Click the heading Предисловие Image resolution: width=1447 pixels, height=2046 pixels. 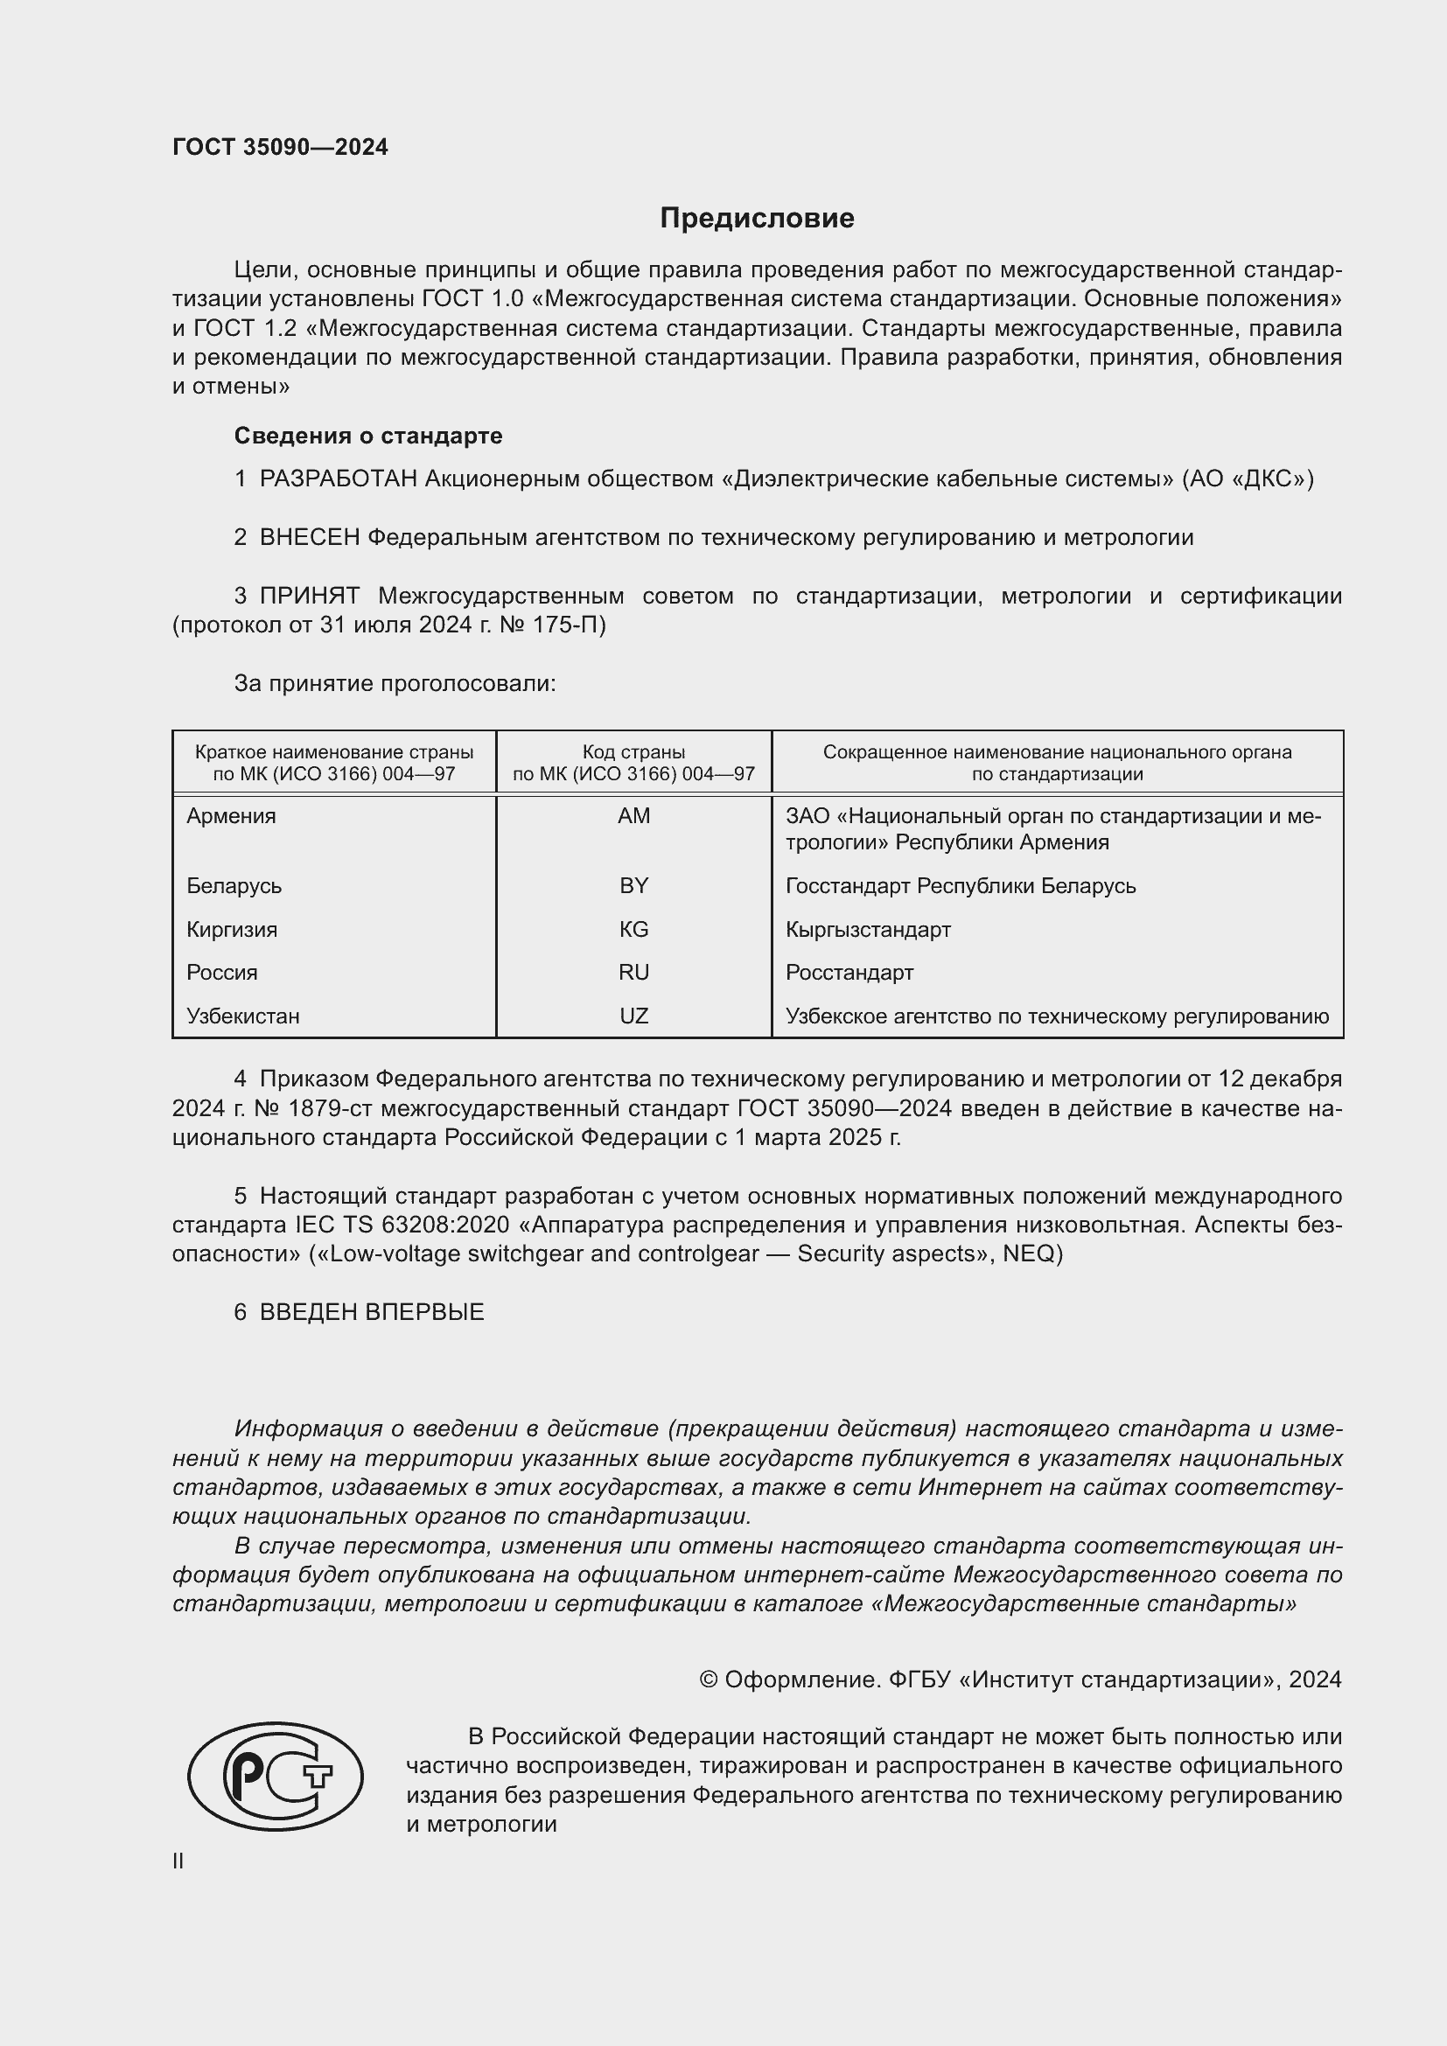click(757, 219)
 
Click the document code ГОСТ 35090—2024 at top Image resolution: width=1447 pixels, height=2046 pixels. click(280, 147)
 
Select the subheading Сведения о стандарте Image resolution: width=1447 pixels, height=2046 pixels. click(368, 436)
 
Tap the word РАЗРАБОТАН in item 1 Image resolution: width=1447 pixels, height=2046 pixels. click(338, 479)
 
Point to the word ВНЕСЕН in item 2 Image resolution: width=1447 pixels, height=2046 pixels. click(309, 537)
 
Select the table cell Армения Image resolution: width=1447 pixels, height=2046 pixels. click(231, 816)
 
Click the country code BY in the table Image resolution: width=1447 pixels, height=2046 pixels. click(633, 886)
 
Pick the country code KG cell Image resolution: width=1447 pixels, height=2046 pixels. click(633, 930)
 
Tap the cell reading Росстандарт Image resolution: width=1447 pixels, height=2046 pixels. click(849, 972)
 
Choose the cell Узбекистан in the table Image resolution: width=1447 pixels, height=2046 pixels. click(242, 1016)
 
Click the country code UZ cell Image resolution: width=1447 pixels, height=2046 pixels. click(633, 1016)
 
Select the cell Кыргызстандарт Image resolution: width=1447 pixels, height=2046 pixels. click(868, 930)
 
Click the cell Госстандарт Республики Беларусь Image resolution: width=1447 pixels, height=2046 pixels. click(961, 886)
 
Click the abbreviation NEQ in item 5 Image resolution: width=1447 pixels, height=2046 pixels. click(1028, 1253)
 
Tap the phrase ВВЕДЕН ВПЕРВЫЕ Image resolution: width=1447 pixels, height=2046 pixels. click(372, 1312)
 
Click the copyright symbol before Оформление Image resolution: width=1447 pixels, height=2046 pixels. click(709, 1679)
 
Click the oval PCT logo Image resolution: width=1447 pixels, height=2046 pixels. click(276, 1776)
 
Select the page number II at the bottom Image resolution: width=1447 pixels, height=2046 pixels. click(178, 1861)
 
